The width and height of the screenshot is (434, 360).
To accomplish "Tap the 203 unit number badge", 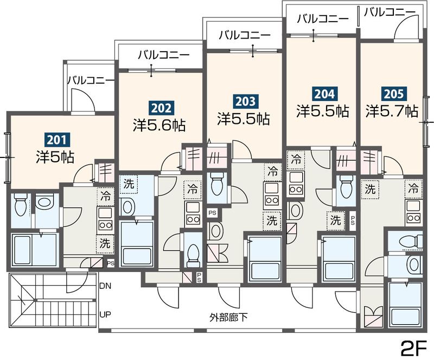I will pyautogui.click(x=245, y=100).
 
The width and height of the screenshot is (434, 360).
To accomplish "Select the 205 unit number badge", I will pyautogui.click(x=392, y=93).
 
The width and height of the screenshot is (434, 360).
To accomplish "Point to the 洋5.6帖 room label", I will pyautogui.click(x=159, y=125).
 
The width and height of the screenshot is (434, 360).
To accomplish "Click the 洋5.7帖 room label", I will pyautogui.click(x=392, y=111).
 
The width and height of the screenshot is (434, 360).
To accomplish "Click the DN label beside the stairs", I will pyautogui.click(x=106, y=285).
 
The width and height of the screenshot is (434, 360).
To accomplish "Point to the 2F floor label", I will pyautogui.click(x=413, y=346).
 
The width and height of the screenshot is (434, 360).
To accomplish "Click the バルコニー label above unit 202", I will pyautogui.click(x=163, y=54).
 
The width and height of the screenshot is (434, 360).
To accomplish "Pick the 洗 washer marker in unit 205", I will pyautogui.click(x=370, y=190).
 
